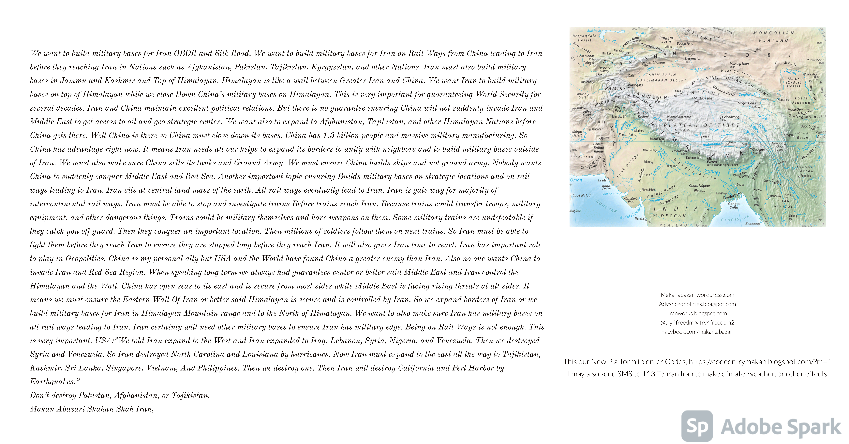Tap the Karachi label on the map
point(602,180)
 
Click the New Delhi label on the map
point(649,150)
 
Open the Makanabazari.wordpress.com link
point(697,295)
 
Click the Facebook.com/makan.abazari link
point(697,332)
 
